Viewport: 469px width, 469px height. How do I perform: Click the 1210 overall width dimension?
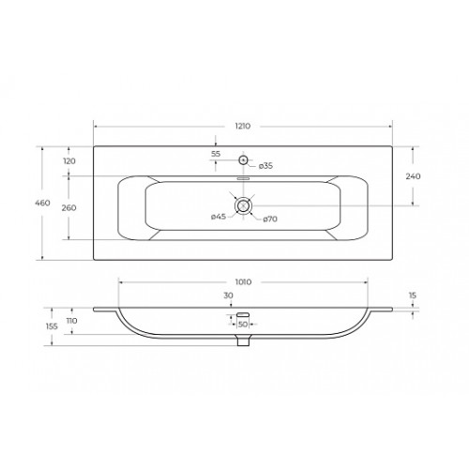pos(243,126)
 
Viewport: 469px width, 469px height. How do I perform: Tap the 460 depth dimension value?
pos(42,203)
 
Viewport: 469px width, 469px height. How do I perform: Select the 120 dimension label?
pos(69,161)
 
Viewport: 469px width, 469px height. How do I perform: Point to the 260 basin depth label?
pos(68,208)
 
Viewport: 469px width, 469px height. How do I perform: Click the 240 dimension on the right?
pos(413,176)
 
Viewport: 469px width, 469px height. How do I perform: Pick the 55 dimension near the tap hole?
pos(216,154)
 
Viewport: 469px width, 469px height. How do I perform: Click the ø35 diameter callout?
pos(265,166)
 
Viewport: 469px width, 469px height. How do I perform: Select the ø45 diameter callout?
pos(219,217)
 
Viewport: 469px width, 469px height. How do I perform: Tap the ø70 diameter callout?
pos(270,219)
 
